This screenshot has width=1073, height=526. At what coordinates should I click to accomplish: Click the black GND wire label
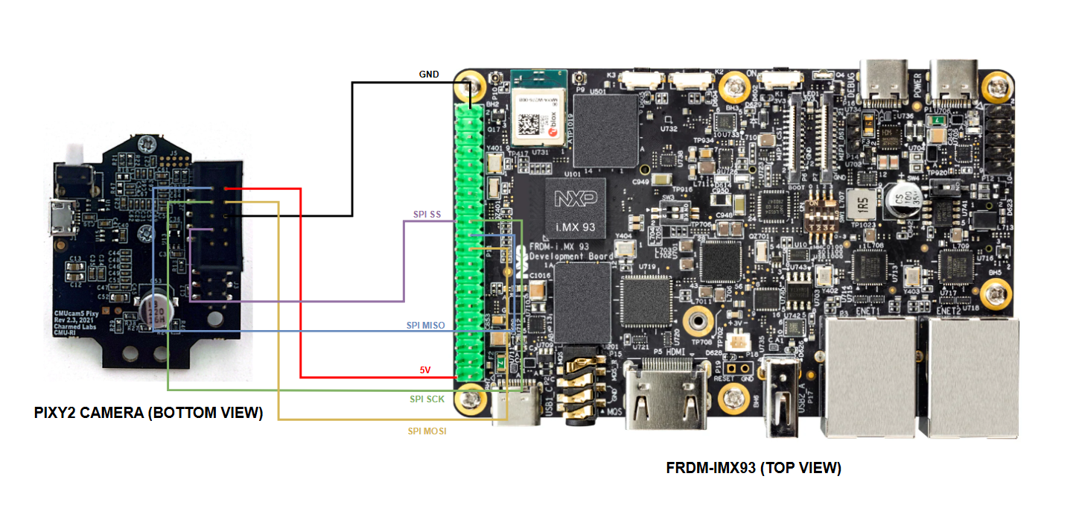[429, 75]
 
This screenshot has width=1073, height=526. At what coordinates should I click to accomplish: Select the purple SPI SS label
[427, 215]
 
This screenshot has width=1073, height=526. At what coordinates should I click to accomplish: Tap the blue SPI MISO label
[425, 326]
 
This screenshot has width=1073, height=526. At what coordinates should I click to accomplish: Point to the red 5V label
[425, 370]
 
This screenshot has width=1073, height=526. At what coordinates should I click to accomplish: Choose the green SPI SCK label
[427, 399]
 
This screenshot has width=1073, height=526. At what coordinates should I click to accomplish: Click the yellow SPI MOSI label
[427, 431]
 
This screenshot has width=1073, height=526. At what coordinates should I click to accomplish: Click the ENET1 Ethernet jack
[867, 376]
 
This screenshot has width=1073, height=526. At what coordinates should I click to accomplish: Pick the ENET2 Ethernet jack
[967, 376]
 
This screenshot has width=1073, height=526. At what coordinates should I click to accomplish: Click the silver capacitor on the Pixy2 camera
[158, 314]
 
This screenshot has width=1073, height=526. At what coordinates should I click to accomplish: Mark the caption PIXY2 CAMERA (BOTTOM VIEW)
[148, 413]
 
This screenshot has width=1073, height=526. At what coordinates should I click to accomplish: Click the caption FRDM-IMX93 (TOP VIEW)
[753, 468]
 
